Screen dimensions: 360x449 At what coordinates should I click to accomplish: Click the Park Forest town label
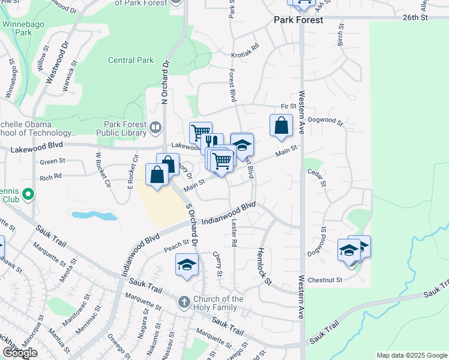298,20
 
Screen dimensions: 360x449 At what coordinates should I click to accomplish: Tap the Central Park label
131,60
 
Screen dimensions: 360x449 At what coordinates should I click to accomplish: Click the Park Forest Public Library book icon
156,126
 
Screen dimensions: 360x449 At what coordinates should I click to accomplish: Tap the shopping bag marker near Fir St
281,125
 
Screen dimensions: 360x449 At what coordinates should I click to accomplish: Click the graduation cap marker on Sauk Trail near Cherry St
187,264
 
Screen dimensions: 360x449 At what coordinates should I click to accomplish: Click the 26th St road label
415,18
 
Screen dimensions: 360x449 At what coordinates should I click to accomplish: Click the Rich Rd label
50,177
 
